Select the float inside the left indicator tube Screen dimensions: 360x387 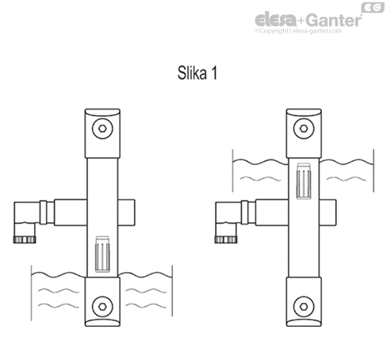101,255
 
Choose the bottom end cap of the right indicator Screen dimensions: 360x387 301,303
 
